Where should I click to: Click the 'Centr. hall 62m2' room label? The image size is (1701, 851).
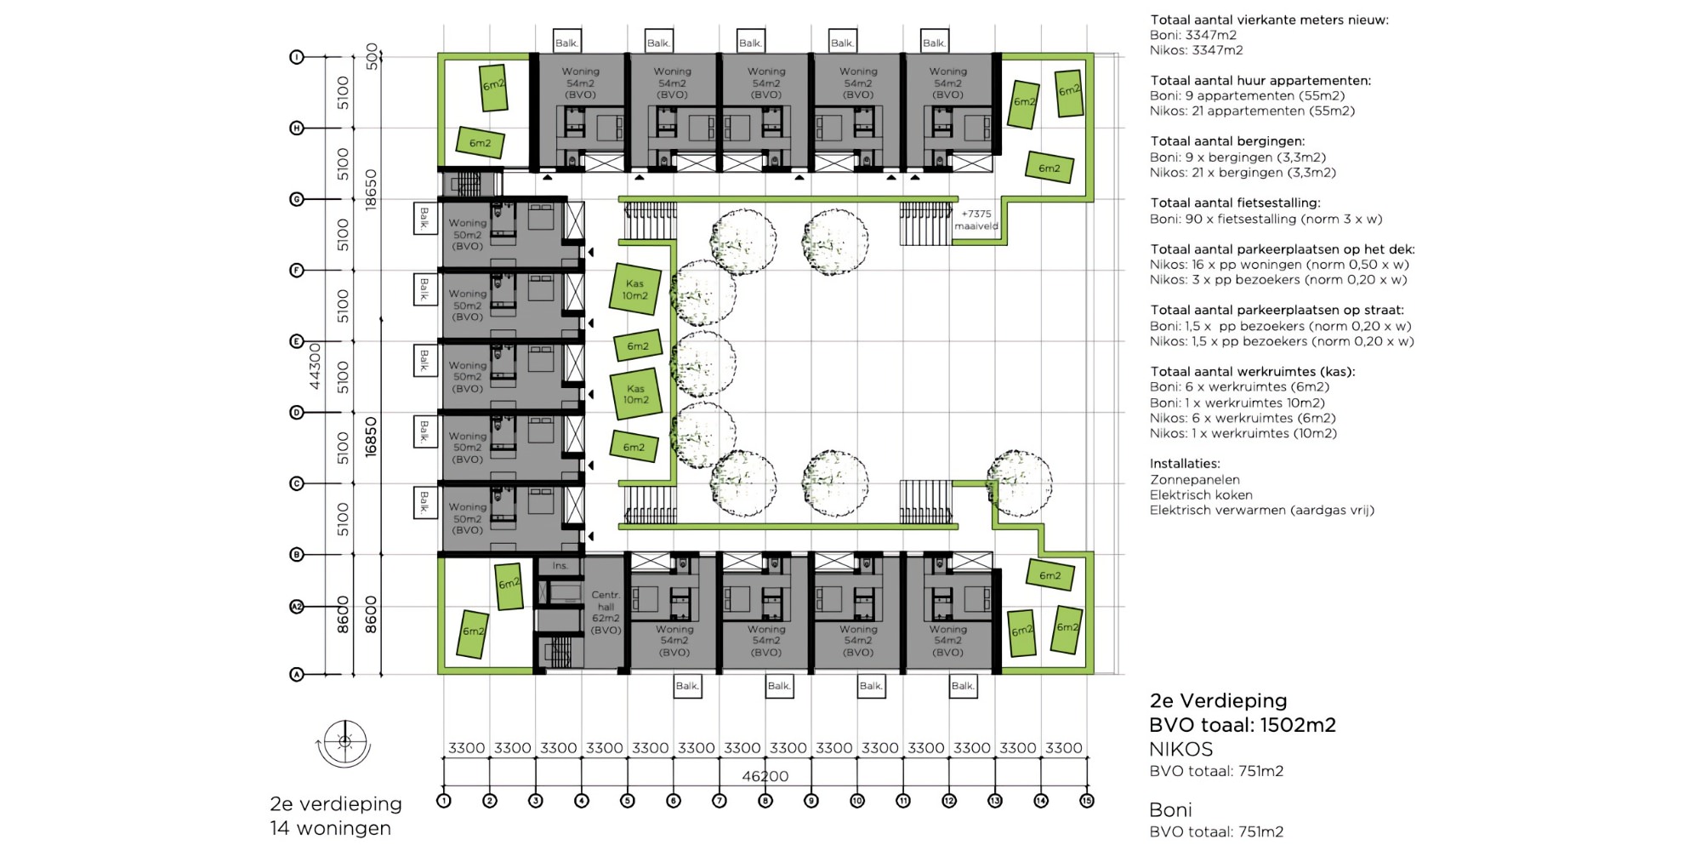click(x=606, y=612)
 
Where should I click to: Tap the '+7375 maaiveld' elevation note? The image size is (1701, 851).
click(x=976, y=220)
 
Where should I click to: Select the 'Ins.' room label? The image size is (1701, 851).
click(x=560, y=566)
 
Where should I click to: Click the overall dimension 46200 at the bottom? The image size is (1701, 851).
click(x=765, y=775)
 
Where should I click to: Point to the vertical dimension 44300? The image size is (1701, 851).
click(x=315, y=366)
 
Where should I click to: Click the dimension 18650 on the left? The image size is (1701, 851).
click(x=371, y=190)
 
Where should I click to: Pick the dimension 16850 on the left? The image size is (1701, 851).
click(x=371, y=437)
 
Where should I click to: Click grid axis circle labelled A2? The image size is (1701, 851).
click(x=297, y=607)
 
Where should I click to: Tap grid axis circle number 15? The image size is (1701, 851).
click(x=1086, y=801)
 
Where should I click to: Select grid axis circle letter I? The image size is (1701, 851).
click(x=297, y=57)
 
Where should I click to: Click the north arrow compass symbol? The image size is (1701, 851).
click(x=344, y=742)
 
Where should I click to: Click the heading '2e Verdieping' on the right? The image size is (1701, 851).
click(x=1218, y=700)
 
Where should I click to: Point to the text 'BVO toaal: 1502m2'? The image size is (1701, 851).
click(x=1242, y=725)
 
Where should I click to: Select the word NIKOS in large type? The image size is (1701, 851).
click(x=1180, y=749)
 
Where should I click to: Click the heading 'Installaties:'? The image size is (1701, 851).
click(x=1185, y=464)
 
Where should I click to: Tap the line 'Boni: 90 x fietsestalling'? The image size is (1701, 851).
click(x=1266, y=219)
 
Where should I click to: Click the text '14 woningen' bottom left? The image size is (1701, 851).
click(x=331, y=828)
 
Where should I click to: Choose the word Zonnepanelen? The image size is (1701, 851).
click(x=1194, y=479)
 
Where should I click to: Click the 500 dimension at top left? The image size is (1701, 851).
click(x=371, y=56)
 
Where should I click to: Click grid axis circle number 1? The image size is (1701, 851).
click(x=443, y=801)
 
